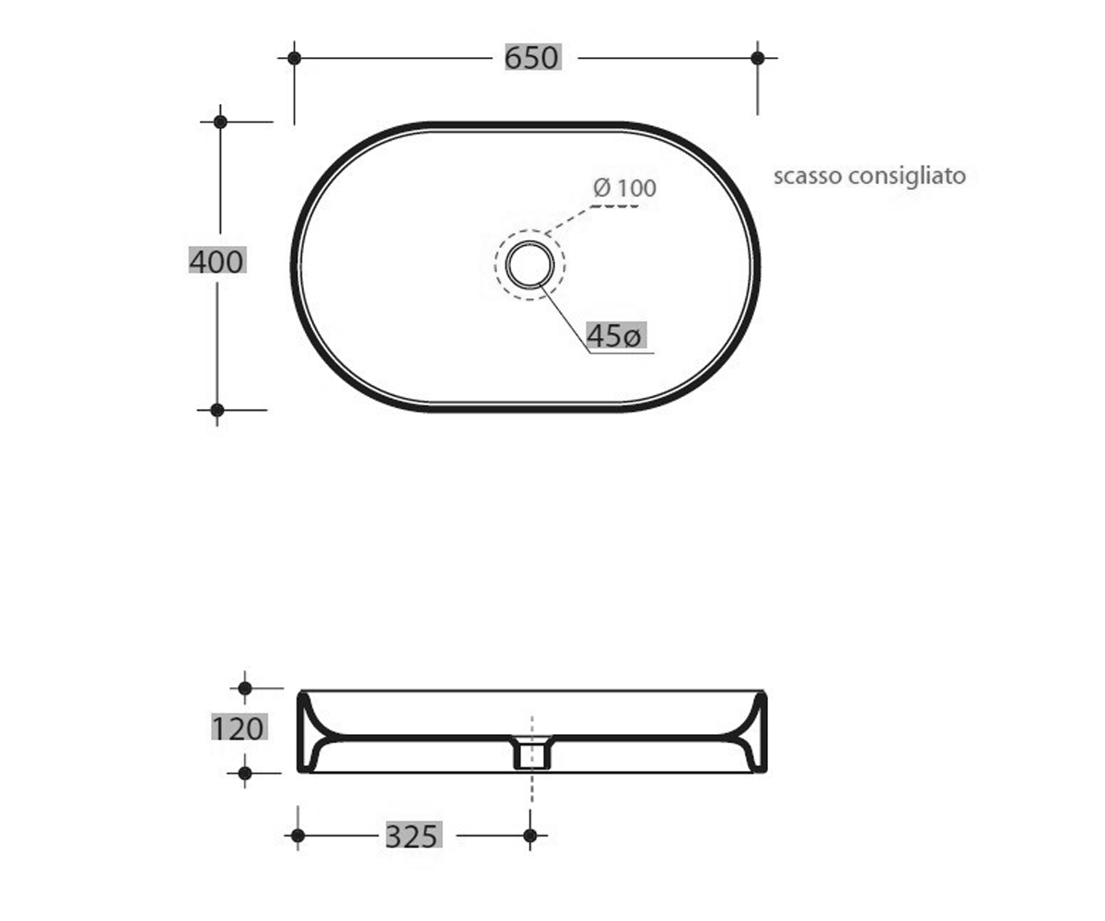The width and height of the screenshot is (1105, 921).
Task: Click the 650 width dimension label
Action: click(532, 57)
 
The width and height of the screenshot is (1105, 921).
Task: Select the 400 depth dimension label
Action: click(217, 261)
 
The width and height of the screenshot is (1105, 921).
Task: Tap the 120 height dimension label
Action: click(239, 728)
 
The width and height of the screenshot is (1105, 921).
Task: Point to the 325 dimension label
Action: click(413, 835)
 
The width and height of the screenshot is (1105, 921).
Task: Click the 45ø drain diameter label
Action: click(615, 334)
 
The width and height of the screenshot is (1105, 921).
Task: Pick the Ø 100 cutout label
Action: click(624, 188)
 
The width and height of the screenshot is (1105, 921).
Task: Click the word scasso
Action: click(808, 176)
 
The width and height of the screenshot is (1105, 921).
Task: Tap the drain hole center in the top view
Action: click(529, 265)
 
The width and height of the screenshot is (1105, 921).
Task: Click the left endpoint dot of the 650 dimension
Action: click(295, 58)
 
